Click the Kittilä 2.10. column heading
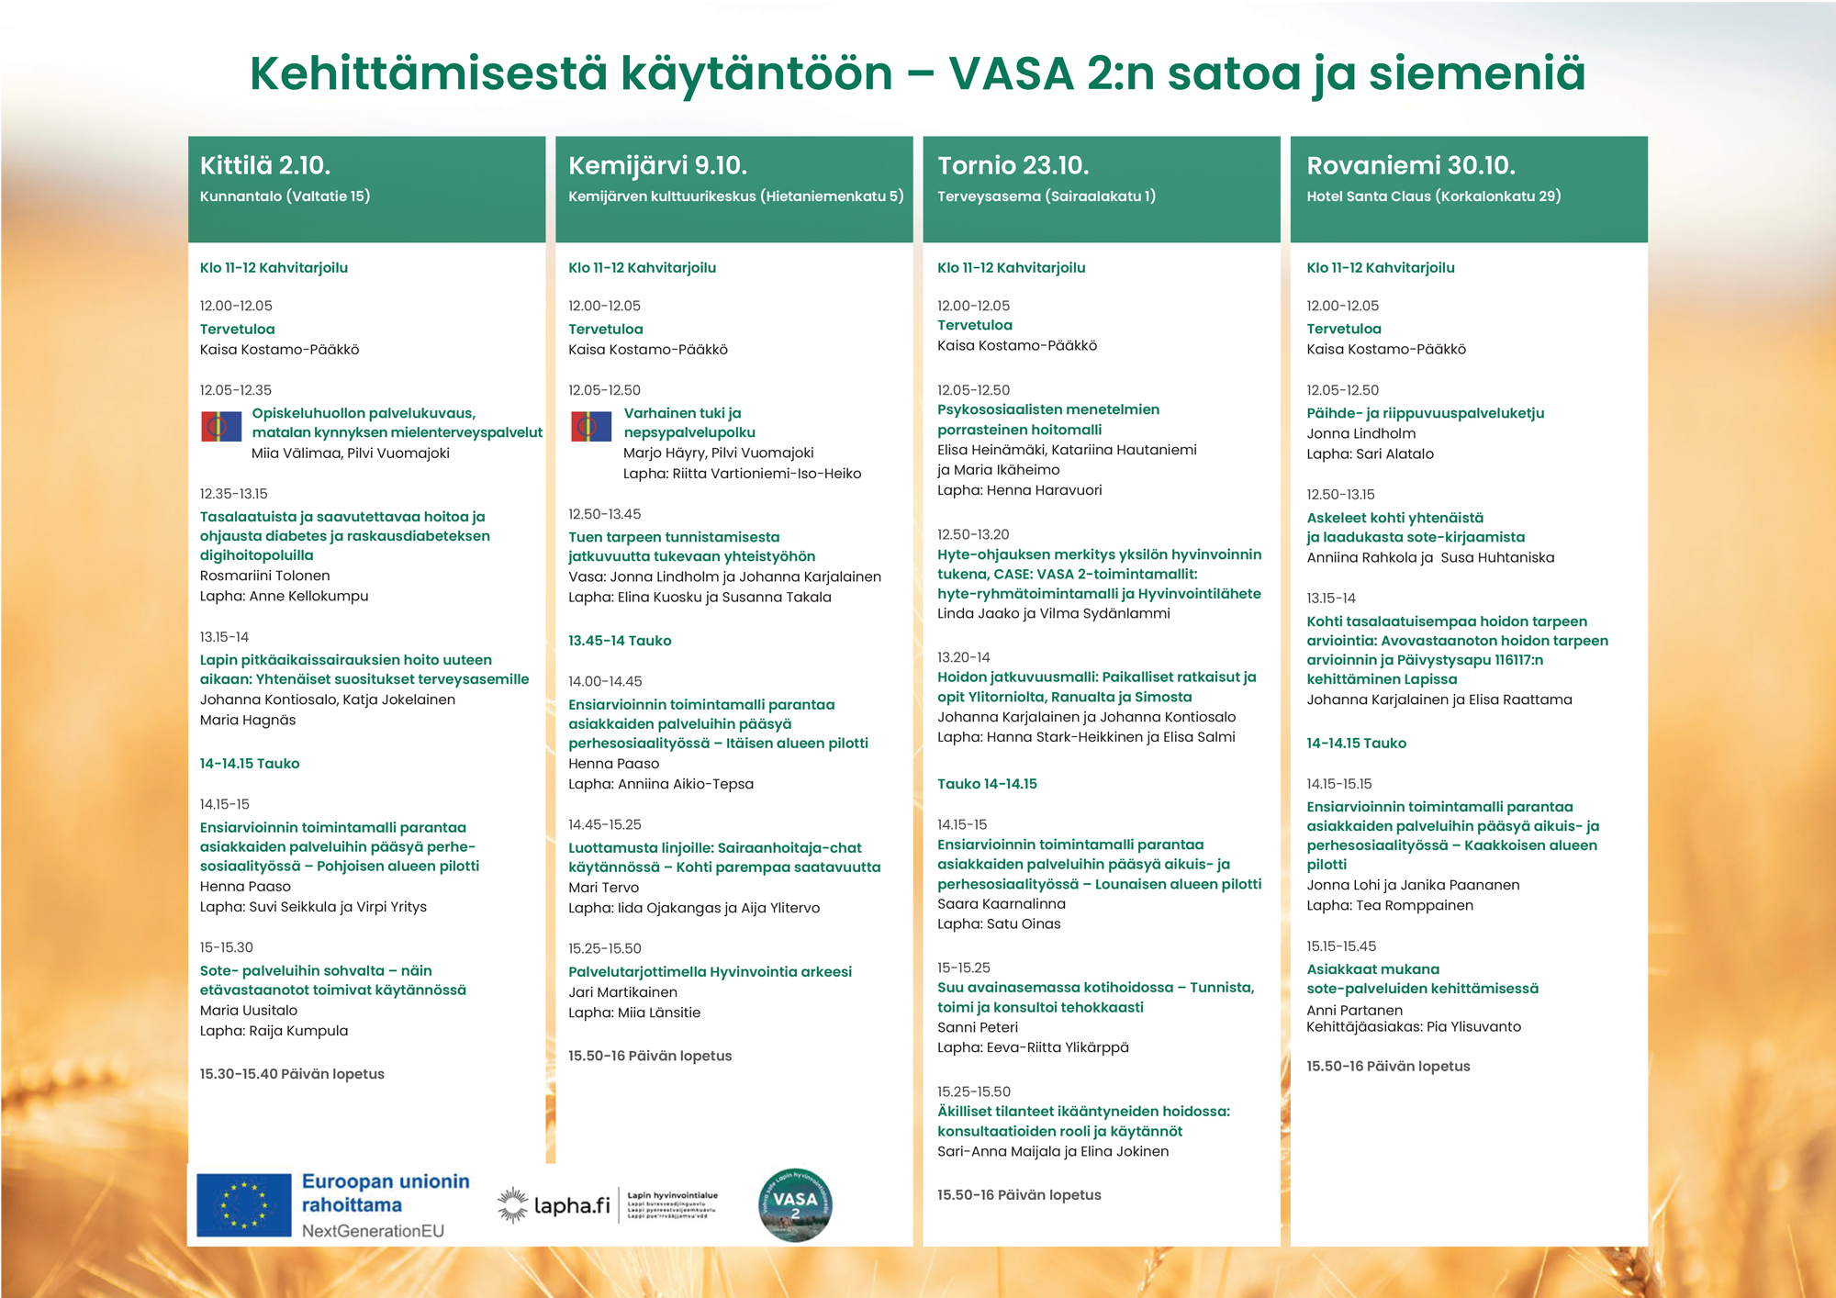(x=265, y=165)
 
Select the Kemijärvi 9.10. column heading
(x=657, y=165)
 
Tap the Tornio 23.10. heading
(x=1013, y=165)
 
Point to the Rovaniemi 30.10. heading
(x=1410, y=165)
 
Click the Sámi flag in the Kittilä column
(x=221, y=426)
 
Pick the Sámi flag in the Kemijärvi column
(x=590, y=426)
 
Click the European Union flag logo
(x=243, y=1204)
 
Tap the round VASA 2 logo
(x=795, y=1204)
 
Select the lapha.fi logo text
(x=571, y=1205)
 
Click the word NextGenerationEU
(x=373, y=1231)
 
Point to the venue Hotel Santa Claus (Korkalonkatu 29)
(x=1433, y=196)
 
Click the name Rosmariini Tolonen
(x=264, y=576)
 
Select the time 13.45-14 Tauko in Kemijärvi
(x=620, y=641)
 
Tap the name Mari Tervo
(x=603, y=888)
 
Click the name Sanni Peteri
(x=977, y=1027)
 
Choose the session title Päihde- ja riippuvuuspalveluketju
(x=1425, y=413)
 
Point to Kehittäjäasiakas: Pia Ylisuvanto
(x=1413, y=1027)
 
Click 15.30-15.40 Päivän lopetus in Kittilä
(x=292, y=1074)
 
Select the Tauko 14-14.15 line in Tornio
(x=987, y=784)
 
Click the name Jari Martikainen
(x=622, y=992)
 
